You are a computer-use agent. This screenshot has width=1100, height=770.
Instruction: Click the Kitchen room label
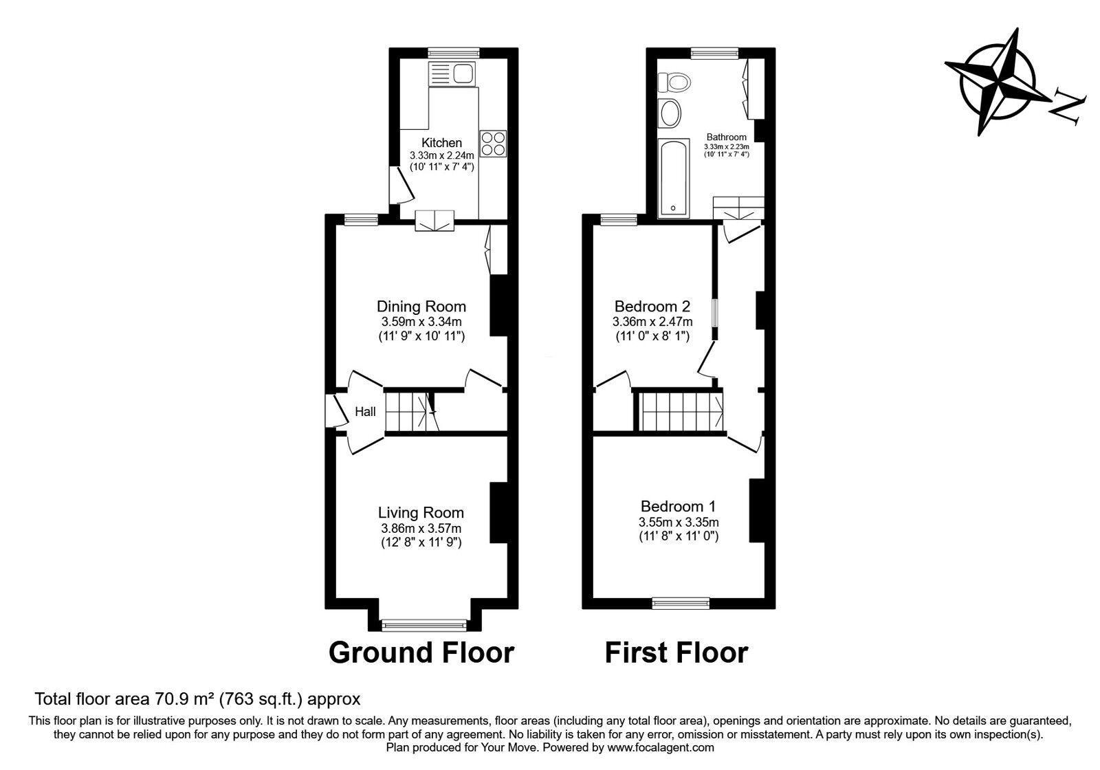pos(441,143)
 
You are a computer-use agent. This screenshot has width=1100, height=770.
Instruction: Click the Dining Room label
pos(421,307)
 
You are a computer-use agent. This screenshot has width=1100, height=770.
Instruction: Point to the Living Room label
pos(421,513)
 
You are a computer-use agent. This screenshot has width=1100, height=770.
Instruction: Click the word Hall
pos(365,412)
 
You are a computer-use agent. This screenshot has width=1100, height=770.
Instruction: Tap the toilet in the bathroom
pos(674,83)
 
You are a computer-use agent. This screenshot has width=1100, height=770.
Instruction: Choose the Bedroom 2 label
pos(652,307)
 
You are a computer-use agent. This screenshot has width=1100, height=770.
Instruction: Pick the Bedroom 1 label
pos(678,507)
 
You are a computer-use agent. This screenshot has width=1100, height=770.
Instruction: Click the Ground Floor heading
pos(421,652)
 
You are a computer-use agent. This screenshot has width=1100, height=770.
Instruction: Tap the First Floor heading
pos(676,652)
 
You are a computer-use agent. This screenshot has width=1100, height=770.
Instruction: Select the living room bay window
pos(423,625)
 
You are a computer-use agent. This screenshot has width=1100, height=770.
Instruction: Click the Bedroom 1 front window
pos(681,603)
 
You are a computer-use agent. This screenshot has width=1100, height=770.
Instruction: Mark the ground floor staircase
pos(411,411)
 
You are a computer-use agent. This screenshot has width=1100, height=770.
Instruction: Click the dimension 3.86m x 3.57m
pos(421,528)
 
